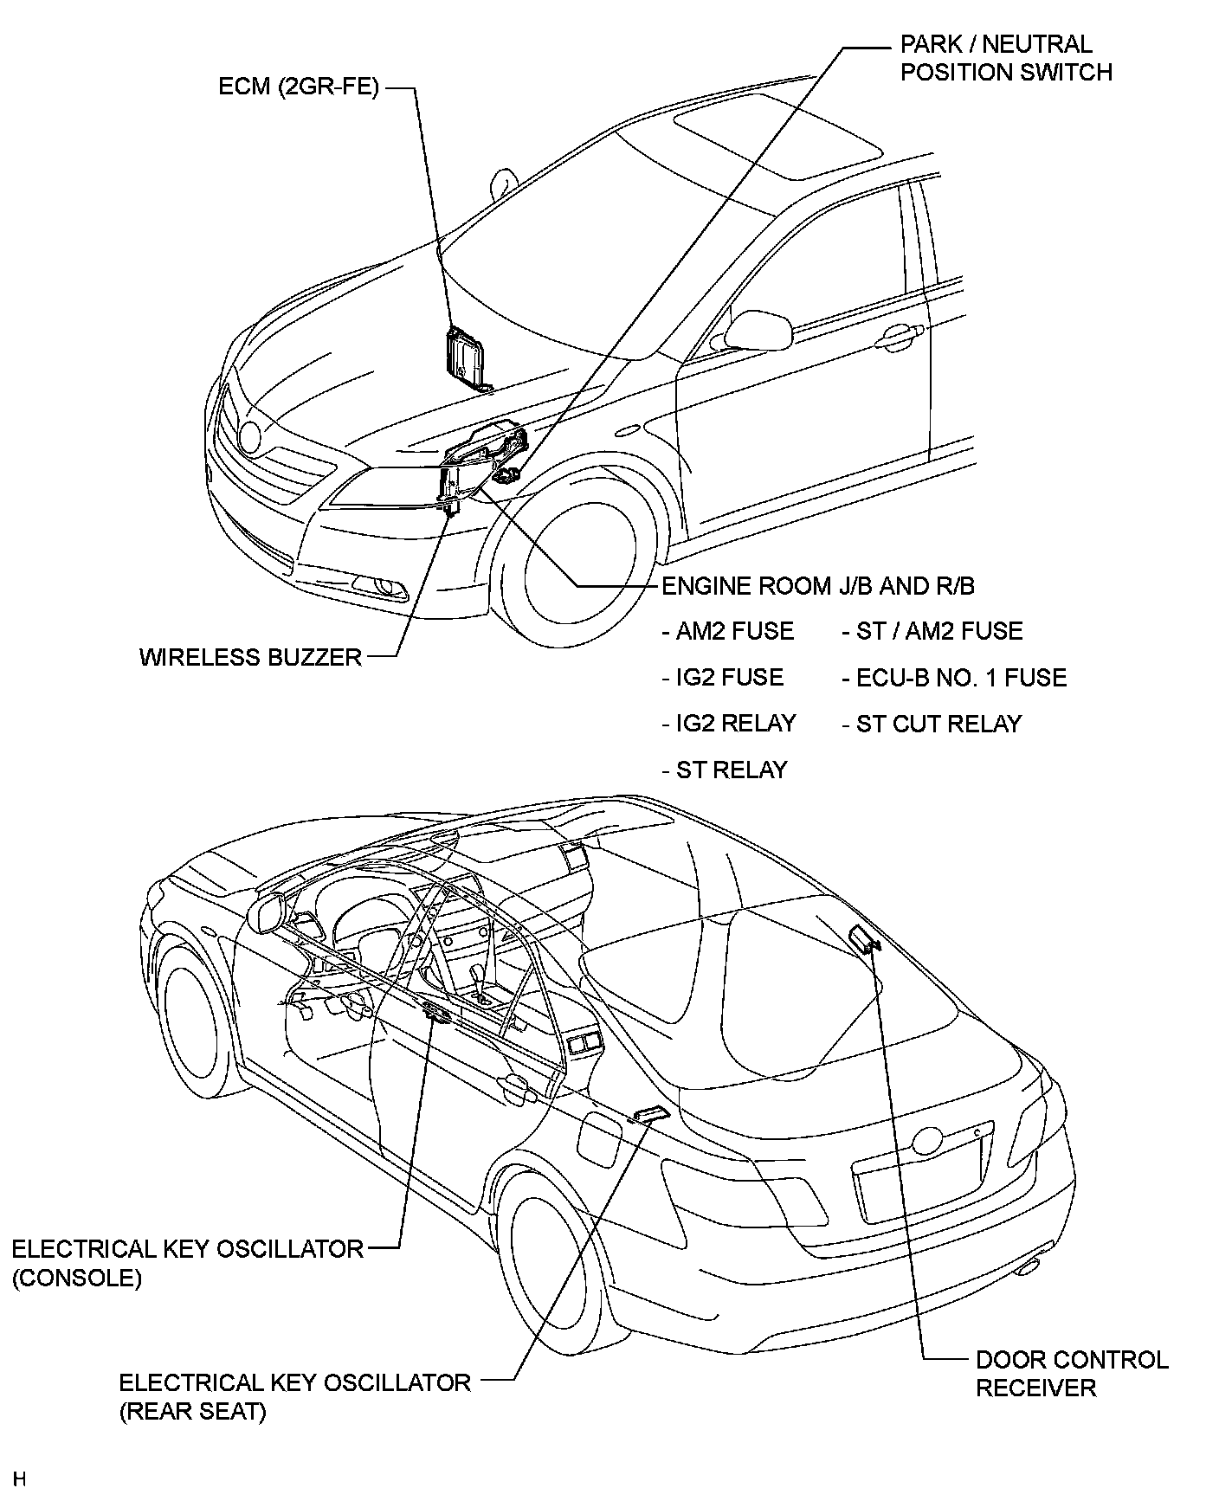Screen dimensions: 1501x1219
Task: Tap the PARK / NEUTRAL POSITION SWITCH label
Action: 1006,58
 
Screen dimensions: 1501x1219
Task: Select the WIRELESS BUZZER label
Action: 250,657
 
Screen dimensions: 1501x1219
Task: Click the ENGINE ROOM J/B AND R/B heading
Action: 818,586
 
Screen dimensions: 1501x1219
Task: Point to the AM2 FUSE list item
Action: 728,631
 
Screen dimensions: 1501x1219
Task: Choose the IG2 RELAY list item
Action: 729,723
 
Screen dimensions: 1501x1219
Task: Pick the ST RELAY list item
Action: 725,770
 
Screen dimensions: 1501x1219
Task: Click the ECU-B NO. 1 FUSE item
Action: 954,677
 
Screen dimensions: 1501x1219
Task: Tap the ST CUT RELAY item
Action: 932,723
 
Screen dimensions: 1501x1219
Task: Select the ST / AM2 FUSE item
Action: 932,631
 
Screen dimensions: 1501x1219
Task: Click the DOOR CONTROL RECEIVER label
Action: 1072,1373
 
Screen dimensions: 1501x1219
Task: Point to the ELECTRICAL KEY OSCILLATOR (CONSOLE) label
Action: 187,1263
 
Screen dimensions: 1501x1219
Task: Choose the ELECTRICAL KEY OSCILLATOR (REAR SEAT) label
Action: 294,1396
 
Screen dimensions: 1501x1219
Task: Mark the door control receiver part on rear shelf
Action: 863,938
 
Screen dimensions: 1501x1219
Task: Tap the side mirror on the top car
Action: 758,328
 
